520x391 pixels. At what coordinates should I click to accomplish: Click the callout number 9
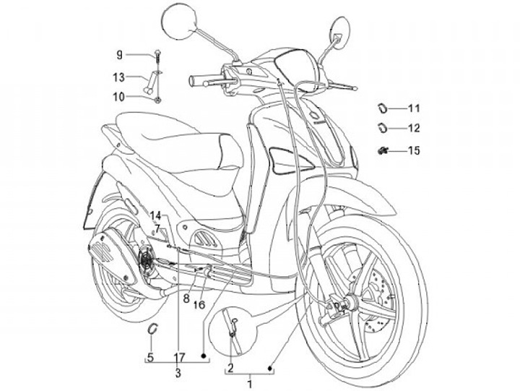click(120, 54)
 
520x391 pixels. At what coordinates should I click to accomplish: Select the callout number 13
click(118, 76)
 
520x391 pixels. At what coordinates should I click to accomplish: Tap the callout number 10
click(118, 96)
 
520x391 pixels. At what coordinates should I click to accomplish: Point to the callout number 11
click(413, 109)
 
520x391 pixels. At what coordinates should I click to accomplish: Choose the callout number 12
click(413, 129)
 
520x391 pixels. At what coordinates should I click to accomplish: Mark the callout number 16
click(199, 304)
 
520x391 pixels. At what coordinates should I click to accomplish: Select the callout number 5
click(150, 356)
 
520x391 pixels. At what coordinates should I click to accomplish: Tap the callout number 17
click(179, 356)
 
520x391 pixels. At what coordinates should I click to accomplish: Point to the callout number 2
click(230, 368)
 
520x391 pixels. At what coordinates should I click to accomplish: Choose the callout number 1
click(250, 382)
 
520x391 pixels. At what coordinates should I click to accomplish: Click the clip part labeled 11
click(380, 108)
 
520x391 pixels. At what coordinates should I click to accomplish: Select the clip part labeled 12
click(380, 129)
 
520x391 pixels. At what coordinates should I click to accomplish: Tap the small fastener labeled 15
click(382, 150)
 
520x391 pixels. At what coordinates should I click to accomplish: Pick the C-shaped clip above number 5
click(152, 329)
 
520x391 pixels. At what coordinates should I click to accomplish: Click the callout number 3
click(178, 373)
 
